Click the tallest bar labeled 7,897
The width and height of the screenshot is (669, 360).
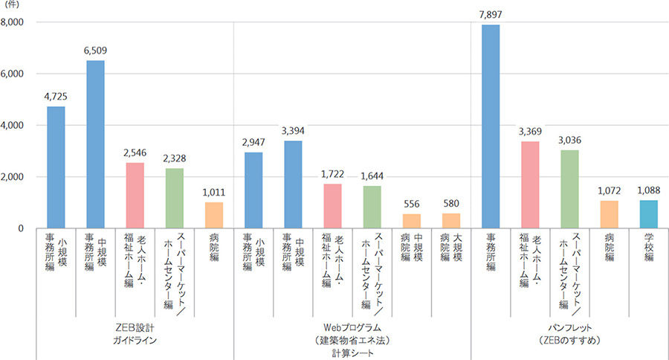click(491, 126)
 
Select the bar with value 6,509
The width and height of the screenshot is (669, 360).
click(95, 144)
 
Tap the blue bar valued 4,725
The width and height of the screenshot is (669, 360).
click(56, 167)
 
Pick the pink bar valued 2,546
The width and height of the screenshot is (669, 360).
click(135, 196)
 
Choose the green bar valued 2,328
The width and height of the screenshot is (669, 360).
click(174, 199)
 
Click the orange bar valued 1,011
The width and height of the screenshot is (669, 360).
click(213, 216)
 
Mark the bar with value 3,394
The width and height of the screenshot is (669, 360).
click(293, 184)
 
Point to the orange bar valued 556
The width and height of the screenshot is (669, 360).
click(412, 221)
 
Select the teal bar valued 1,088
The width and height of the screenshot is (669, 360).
click(648, 214)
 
